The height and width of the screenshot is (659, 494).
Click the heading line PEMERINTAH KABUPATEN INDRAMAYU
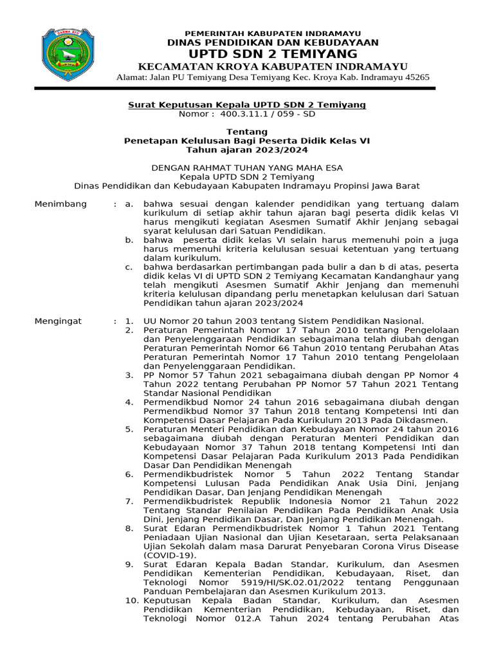273,33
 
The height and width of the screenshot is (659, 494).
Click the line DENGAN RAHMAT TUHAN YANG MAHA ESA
246,167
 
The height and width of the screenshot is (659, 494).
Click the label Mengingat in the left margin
59,320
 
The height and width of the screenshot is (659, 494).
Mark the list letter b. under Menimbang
129,239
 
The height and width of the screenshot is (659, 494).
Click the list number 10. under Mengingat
129,600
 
